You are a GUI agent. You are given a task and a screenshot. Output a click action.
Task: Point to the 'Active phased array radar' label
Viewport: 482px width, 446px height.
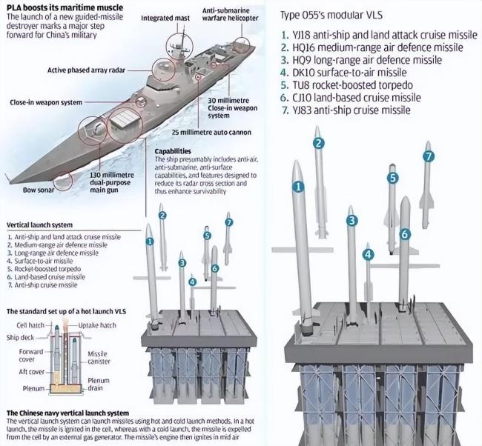[84, 70]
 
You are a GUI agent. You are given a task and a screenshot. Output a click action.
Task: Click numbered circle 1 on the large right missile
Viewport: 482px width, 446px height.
[298, 187]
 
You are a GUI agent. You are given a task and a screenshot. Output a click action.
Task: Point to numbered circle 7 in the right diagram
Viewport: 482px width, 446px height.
[428, 156]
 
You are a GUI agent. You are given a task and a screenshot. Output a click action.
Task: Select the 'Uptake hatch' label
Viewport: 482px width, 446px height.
[97, 324]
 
